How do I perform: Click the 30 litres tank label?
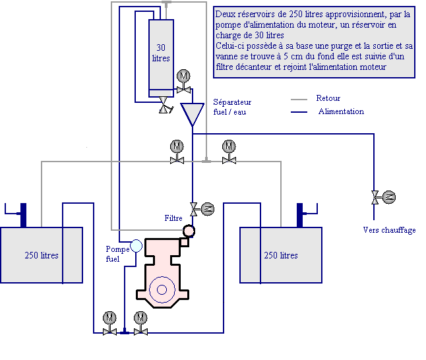[161, 53]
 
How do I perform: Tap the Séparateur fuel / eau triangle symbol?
[193, 113]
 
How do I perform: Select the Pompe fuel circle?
[136, 246]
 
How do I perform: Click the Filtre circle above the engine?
[189, 231]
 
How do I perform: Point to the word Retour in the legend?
[328, 98]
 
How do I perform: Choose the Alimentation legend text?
[341, 111]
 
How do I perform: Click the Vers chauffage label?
[389, 230]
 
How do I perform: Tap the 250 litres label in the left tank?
[42, 255]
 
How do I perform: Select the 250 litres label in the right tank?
[281, 255]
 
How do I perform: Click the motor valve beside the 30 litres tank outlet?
[184, 82]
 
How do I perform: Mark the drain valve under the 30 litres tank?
[165, 105]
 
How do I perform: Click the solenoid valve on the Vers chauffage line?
[383, 197]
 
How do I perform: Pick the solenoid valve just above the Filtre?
[202, 209]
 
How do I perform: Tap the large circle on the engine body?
[162, 289]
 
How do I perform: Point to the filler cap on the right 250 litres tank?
[307, 215]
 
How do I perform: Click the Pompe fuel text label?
[117, 254]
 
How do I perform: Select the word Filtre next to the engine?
[173, 218]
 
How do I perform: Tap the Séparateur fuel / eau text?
[232, 107]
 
